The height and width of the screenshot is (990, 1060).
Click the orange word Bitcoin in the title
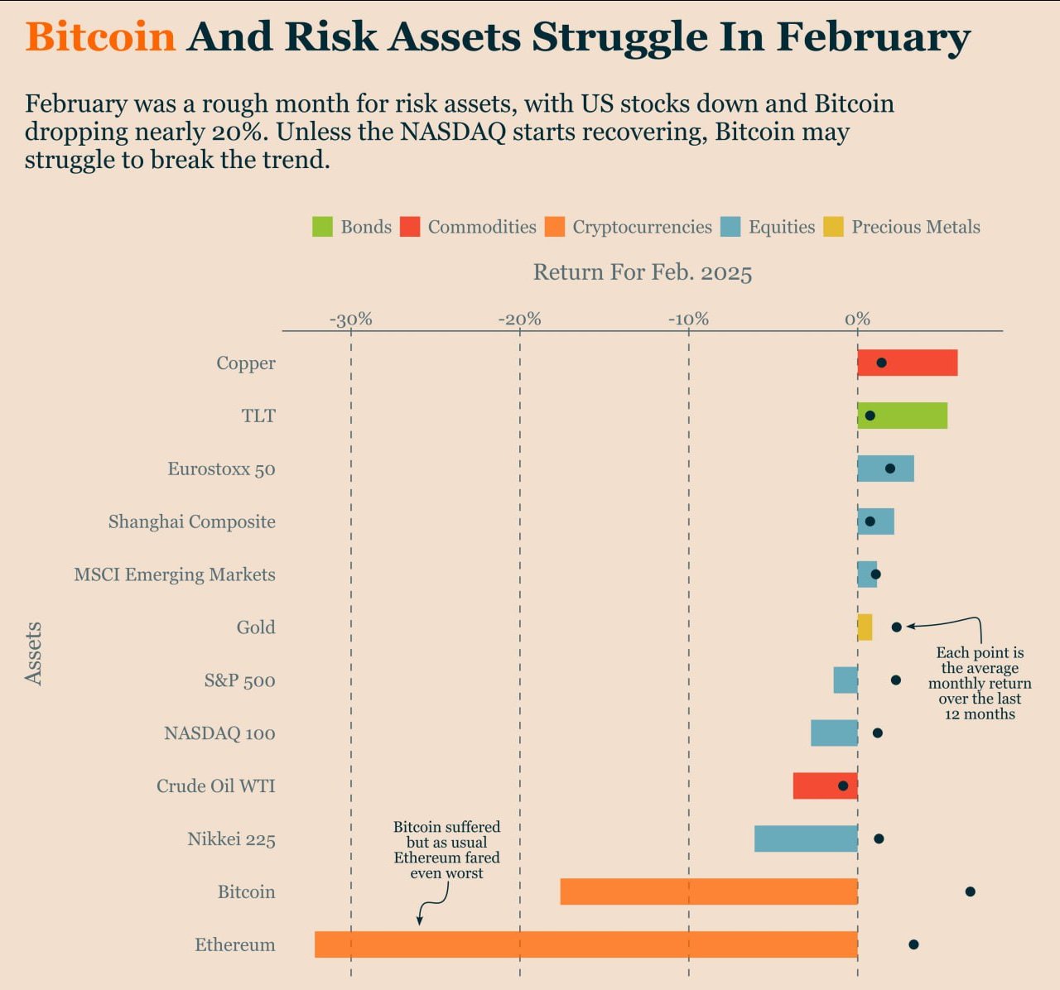100,37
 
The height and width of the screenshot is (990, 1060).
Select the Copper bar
907,363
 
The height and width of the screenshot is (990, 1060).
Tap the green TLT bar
902,416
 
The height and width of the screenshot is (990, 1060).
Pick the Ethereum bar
585,944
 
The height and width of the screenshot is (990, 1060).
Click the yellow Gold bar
865,627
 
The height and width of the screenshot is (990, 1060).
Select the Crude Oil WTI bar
825,786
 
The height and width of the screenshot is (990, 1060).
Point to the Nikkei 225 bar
806,839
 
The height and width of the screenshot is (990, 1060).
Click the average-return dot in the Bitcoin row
970,891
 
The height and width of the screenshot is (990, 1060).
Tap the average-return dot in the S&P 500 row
895,680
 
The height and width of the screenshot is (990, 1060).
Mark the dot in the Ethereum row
913,944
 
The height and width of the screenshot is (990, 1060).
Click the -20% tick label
519,320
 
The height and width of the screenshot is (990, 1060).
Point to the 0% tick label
857,320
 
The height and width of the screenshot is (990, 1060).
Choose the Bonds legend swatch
322,227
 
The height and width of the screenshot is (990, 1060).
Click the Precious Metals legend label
916,227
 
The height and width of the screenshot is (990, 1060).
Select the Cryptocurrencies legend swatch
554,227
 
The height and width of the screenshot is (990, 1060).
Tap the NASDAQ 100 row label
219,733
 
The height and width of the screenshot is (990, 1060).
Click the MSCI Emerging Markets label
175,574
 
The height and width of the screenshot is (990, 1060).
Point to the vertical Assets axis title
33,653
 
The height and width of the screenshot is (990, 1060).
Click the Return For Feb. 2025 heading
643,272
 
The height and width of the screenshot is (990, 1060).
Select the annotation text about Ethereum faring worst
446,849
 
